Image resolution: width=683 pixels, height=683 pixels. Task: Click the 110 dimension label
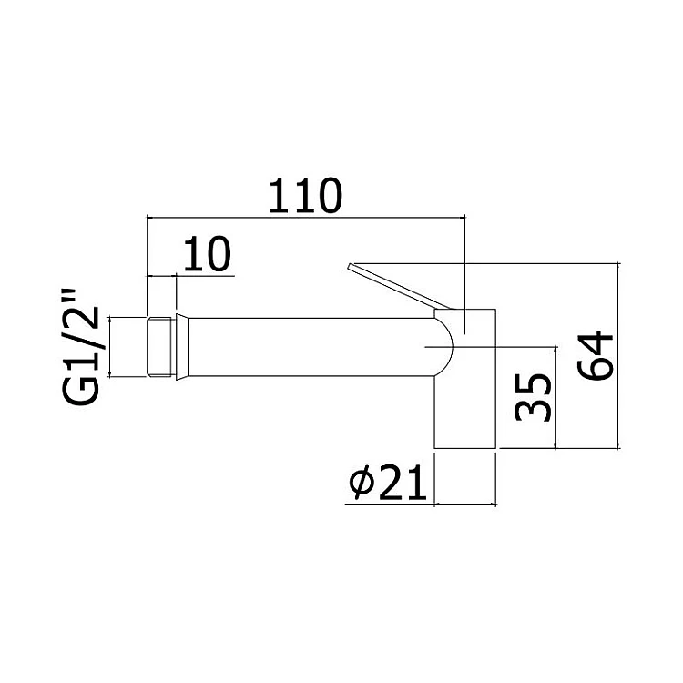[x=305, y=196]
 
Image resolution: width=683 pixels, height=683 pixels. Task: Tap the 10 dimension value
[x=207, y=254]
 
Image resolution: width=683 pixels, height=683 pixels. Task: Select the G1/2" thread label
[x=81, y=347]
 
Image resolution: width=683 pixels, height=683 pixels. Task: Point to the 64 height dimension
[x=595, y=356]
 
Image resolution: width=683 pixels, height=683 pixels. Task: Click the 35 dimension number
[x=533, y=397]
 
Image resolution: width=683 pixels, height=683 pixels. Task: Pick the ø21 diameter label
[x=388, y=482]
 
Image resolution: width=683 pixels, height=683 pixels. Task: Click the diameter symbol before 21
[x=362, y=482]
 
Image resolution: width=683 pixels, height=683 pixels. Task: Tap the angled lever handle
[x=399, y=286]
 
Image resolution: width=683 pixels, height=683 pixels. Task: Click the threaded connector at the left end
[x=161, y=347]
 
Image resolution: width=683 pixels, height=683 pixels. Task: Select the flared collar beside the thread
[x=182, y=347]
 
